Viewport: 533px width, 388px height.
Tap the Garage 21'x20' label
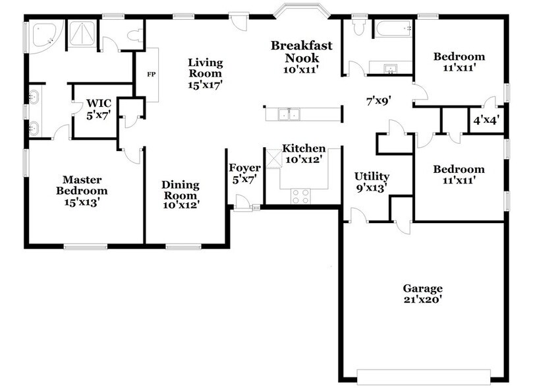click(x=422, y=294)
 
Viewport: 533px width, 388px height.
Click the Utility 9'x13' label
click(x=372, y=182)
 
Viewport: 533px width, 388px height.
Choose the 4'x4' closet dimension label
click(x=486, y=120)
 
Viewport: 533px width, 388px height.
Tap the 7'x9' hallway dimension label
click(x=379, y=102)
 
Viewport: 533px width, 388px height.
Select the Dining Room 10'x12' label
click(x=181, y=195)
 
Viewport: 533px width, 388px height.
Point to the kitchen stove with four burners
click(x=301, y=195)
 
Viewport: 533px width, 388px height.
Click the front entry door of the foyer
click(x=245, y=208)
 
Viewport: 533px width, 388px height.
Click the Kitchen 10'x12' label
click(x=304, y=154)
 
